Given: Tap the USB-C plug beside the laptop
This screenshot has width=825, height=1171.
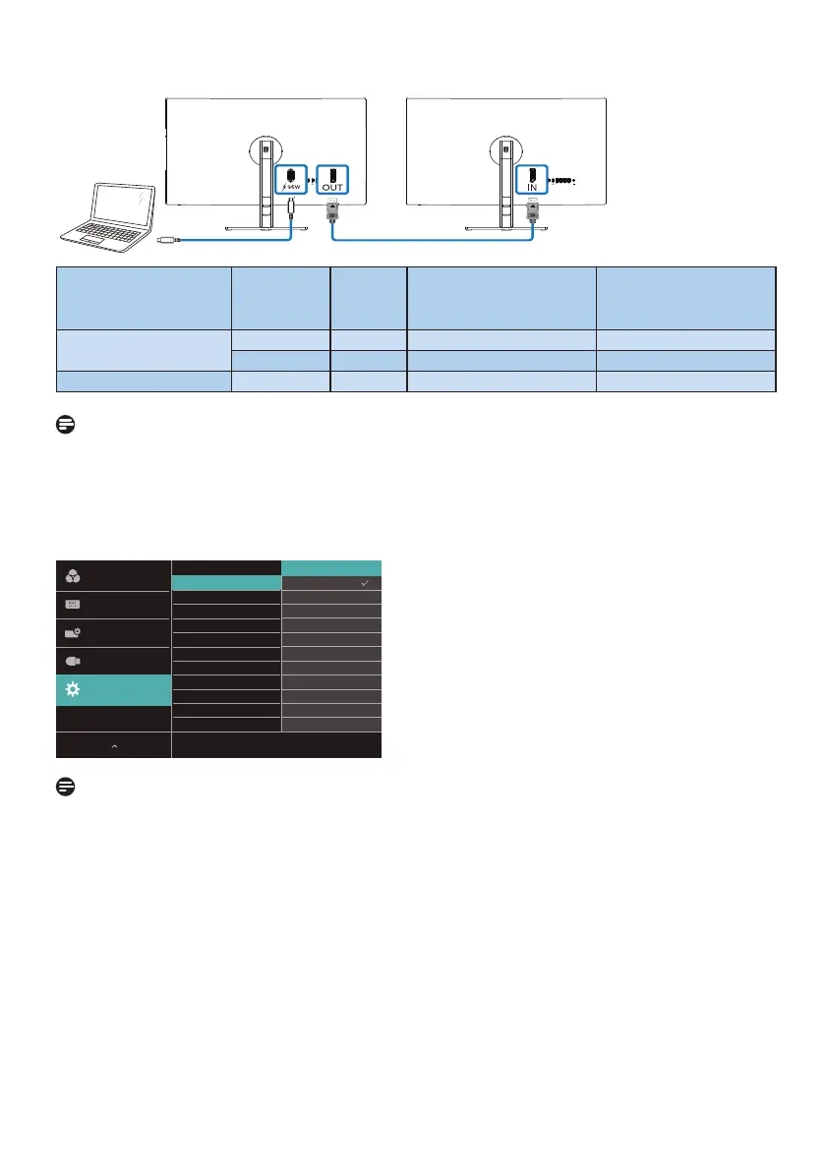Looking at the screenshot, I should pos(167,239).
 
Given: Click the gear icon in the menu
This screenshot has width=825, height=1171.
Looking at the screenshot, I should pos(72,690).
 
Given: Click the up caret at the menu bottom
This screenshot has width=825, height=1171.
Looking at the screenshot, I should pos(114,747).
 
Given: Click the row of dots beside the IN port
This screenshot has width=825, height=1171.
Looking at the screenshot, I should pos(560,181).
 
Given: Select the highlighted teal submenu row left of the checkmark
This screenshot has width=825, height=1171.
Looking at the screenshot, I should pos(227,583).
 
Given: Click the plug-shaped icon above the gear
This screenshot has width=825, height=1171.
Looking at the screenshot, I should pos(72,662).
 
